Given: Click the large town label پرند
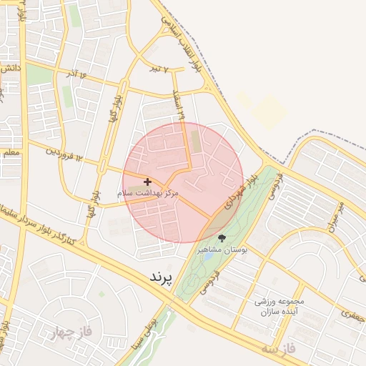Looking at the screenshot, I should pyautogui.click(x=162, y=277).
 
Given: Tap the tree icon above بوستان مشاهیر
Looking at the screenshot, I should pyautogui.click(x=222, y=238).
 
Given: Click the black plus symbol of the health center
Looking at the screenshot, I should pyautogui.click(x=148, y=182).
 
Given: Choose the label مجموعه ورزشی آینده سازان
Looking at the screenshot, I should pyautogui.click(x=280, y=306).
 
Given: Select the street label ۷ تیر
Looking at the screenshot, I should pyautogui.click(x=159, y=69).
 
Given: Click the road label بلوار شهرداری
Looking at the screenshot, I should pyautogui.click(x=238, y=194).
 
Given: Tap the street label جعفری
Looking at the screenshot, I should pyautogui.click(x=352, y=314).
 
